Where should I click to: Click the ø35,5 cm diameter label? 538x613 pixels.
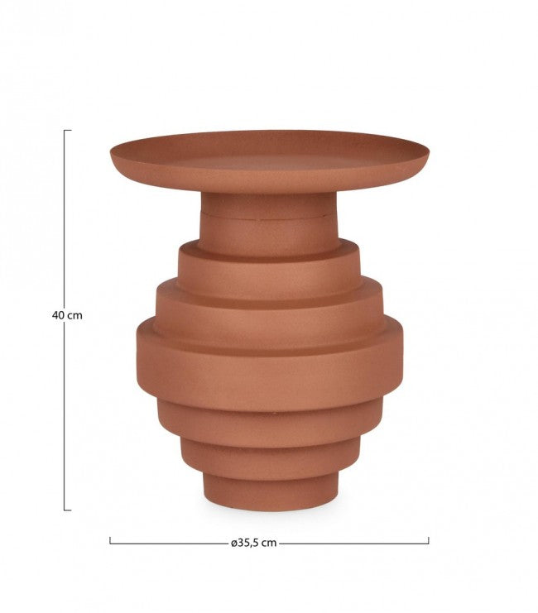[254, 543]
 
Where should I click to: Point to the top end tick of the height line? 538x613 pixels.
[67, 131]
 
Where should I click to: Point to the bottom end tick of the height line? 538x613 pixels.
[67, 510]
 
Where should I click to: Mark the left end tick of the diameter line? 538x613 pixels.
[110, 542]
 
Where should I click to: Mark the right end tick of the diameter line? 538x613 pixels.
[429, 542]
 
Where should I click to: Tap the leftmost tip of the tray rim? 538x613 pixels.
[111, 154]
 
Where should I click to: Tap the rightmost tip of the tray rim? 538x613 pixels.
[429, 154]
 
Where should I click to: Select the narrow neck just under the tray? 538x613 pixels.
[269, 204]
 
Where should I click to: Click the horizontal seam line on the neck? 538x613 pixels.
[269, 218]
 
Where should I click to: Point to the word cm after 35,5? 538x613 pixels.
[268, 543]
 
